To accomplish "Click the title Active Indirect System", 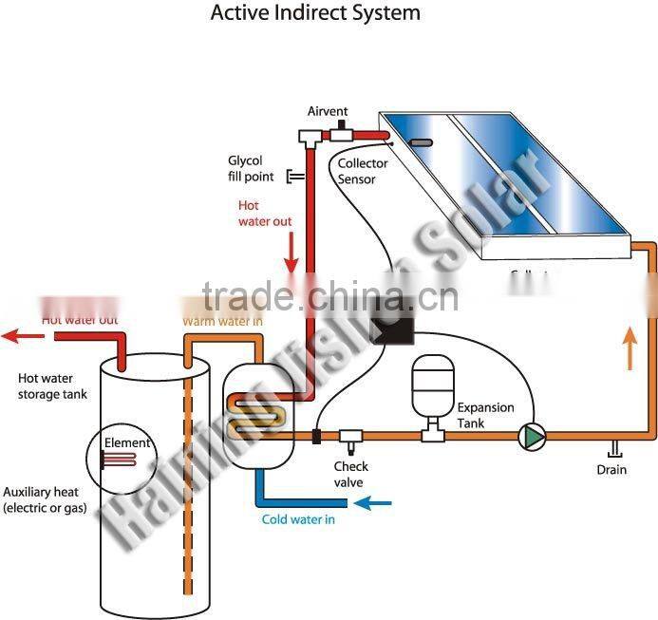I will [x=314, y=14].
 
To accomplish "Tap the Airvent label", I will [x=328, y=112].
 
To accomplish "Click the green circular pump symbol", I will [x=533, y=436].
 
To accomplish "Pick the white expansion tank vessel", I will [x=433, y=385].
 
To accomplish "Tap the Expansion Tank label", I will [x=485, y=415].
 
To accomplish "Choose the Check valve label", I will [x=350, y=474].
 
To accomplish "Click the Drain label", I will [x=611, y=470].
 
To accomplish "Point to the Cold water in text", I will [x=298, y=519].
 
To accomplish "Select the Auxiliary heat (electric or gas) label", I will [x=45, y=500].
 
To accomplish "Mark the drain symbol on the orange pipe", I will [x=614, y=448].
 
